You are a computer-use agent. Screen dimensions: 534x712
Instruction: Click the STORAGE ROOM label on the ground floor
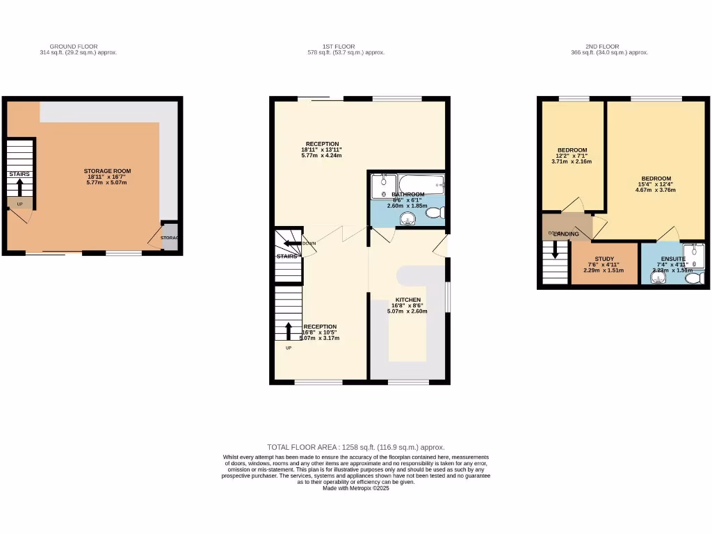click(107, 171)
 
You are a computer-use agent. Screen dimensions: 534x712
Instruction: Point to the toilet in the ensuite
click(693, 277)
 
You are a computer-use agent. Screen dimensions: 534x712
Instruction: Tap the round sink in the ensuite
click(656, 277)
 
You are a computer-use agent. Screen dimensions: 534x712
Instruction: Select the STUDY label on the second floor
click(604, 258)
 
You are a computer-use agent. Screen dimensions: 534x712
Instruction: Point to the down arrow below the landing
click(554, 250)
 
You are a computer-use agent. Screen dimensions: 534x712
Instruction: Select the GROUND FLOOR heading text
click(78, 47)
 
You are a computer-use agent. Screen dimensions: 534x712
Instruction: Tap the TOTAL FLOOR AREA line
click(355, 447)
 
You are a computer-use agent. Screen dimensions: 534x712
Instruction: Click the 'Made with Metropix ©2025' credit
click(355, 488)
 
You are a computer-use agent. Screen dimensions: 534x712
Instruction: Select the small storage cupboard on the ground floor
click(170, 237)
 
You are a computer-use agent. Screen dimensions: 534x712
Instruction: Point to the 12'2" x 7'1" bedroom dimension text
click(572, 156)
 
